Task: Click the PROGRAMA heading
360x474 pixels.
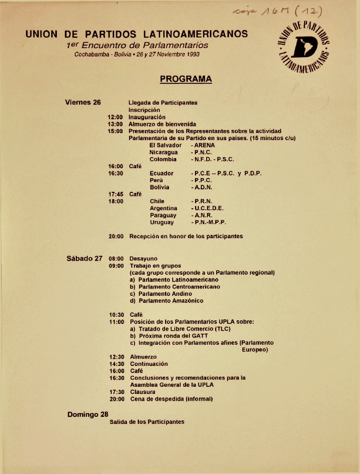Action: tap(186, 79)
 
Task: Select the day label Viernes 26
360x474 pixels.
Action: tap(82, 102)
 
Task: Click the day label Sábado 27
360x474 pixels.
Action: tap(84, 258)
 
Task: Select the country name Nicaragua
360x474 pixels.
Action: tap(164, 153)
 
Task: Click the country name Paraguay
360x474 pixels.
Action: tap(163, 215)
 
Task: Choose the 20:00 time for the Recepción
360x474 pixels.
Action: tap(116, 236)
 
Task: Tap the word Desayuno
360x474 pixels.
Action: tap(143, 259)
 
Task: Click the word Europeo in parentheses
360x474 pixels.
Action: tap(255, 350)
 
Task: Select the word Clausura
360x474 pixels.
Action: tap(143, 392)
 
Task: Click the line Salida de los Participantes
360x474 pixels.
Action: tap(147, 422)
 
